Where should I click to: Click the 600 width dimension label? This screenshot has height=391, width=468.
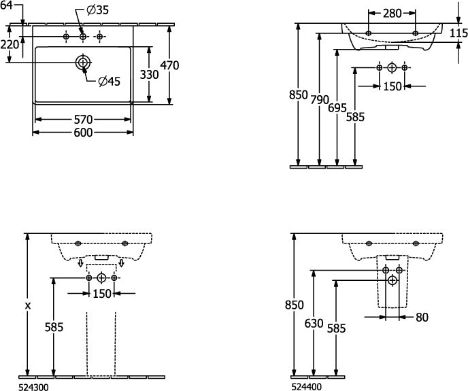tap(83, 133)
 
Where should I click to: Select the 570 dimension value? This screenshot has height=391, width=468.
tap(83, 120)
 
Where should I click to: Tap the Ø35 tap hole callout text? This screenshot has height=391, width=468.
tap(97, 10)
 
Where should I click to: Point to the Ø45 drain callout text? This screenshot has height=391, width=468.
tap(110, 81)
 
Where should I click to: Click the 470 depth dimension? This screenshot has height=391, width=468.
tap(169, 65)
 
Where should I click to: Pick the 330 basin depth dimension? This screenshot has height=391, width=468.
tap(149, 75)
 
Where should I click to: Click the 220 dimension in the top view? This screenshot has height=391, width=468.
tap(10, 45)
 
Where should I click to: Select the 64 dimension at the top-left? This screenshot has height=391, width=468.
tap(6, 5)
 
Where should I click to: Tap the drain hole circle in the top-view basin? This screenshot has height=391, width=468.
tap(83, 63)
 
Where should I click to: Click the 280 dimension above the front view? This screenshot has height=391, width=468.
tap(392, 14)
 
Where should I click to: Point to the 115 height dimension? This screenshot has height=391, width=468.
tap(458, 33)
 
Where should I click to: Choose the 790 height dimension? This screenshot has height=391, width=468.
tap(320, 100)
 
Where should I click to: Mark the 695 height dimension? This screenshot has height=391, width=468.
tap(337, 108)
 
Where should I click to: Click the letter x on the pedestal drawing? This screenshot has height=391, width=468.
tap(28, 305)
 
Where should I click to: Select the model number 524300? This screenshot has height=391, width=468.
tap(33, 387)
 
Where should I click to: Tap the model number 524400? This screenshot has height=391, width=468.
tap(307, 387)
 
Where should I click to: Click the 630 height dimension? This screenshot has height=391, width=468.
tap(314, 324)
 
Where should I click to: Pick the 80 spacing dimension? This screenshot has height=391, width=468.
tap(422, 318)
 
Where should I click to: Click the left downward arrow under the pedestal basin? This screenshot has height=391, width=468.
tap(80, 263)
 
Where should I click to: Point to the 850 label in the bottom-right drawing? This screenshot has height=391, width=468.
tap(295, 305)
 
